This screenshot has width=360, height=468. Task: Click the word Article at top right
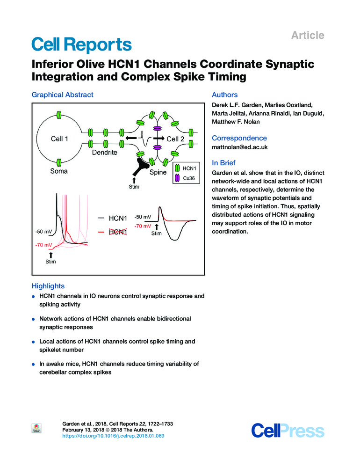click(307, 35)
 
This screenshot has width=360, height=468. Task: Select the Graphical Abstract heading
click(62, 95)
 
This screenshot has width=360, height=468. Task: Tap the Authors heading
click(225, 95)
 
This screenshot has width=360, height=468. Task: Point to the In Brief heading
click(225, 163)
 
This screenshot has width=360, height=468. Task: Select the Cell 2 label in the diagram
click(176, 139)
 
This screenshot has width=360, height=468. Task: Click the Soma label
click(59, 171)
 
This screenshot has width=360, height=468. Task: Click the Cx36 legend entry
click(189, 176)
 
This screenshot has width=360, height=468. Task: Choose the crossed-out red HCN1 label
click(117, 232)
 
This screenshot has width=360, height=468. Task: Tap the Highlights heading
click(48, 285)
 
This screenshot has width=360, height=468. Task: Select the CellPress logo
click(288, 430)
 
